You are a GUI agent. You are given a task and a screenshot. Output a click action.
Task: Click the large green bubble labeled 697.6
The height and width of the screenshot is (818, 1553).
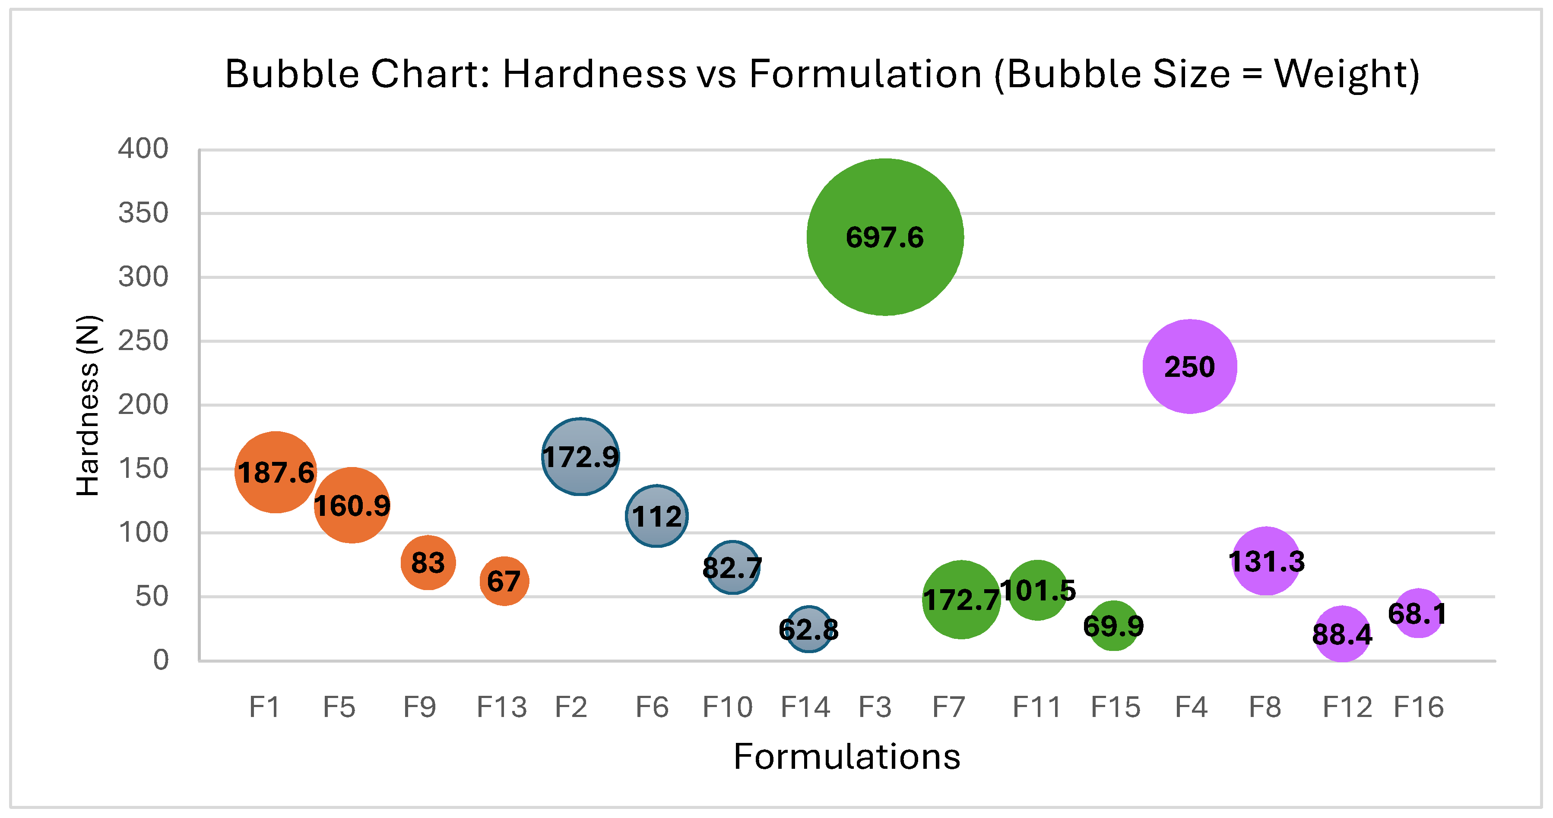pyautogui.click(x=884, y=237)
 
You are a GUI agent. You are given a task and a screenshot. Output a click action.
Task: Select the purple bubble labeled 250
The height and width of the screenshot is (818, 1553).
pyautogui.click(x=1189, y=366)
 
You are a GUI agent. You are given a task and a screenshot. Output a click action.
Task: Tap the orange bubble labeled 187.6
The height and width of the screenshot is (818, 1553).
pyautogui.click(x=276, y=472)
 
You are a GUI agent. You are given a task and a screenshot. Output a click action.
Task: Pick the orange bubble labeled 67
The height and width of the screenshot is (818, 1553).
pyautogui.click(x=504, y=581)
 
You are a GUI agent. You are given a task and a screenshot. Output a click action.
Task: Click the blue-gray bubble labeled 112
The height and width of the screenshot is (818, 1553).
pyautogui.click(x=656, y=516)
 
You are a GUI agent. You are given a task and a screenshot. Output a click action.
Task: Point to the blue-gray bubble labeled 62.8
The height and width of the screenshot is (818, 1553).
pyautogui.click(x=808, y=630)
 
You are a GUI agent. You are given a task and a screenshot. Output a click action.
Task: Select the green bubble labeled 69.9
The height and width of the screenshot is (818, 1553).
pyautogui.click(x=1113, y=626)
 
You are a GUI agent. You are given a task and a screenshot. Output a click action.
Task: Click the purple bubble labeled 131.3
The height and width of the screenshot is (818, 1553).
pyautogui.click(x=1266, y=561)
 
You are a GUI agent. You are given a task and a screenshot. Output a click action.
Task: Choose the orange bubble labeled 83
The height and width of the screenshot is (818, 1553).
pyautogui.click(x=428, y=562)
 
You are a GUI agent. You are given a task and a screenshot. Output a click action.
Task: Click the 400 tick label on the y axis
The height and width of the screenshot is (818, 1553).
pyautogui.click(x=143, y=149)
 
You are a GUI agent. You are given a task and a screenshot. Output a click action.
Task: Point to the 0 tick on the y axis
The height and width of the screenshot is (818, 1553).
pyautogui.click(x=160, y=660)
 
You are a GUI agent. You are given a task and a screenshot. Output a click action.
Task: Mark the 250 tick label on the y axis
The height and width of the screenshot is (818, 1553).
pyautogui.click(x=143, y=341)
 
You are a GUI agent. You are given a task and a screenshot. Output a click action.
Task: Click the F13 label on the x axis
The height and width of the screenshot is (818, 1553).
pyautogui.click(x=501, y=707)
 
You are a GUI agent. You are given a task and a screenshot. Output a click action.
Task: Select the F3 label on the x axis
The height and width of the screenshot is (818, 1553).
pyautogui.click(x=875, y=707)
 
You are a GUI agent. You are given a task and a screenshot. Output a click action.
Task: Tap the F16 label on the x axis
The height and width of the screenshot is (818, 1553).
pyautogui.click(x=1419, y=707)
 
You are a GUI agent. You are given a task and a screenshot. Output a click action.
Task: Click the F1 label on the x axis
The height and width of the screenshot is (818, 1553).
pyautogui.click(x=265, y=707)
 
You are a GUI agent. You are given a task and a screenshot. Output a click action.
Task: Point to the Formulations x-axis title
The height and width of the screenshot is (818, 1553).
pyautogui.click(x=846, y=757)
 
